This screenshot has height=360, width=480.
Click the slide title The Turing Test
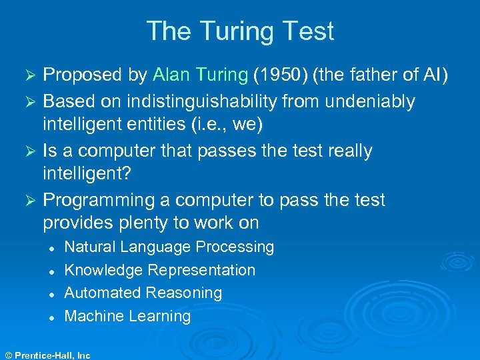point(240,31)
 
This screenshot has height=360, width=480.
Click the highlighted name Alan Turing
point(200,75)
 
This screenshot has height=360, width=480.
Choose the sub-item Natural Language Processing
point(169,247)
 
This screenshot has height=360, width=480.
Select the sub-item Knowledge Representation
point(159,270)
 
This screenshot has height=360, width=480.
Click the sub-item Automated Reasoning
point(143,293)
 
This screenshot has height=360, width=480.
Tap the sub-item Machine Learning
point(127,316)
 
